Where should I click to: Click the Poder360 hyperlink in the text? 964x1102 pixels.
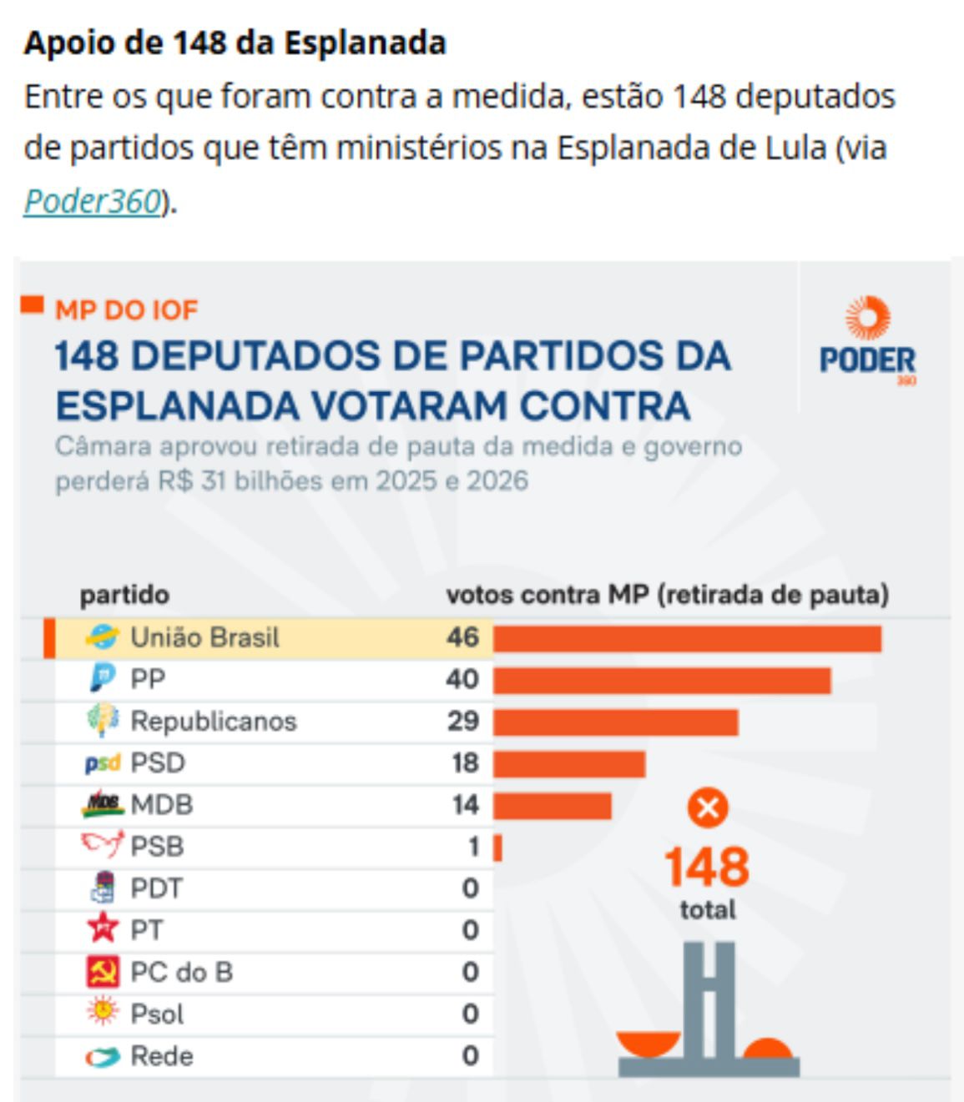92,201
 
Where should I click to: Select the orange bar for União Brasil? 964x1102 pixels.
686,638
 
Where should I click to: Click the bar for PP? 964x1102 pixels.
661,680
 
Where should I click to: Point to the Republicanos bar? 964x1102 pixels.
615,722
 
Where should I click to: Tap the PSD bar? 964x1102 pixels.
568,763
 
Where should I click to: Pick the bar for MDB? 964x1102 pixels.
552,805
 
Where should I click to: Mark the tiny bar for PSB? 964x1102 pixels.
497,848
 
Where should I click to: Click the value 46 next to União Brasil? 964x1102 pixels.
462,637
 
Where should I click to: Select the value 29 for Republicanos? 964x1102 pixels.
462,721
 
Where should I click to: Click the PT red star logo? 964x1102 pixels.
103,928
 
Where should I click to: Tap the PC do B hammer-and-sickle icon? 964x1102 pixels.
103,972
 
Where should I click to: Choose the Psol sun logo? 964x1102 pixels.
103,1012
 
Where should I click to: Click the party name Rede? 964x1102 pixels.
162,1056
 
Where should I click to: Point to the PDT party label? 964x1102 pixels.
156,888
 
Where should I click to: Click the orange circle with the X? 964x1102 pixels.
707,808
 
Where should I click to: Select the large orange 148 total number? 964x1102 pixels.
707,868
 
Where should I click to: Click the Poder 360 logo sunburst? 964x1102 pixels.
867,318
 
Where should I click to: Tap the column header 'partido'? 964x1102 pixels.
124,595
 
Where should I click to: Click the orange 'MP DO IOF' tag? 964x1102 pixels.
126,310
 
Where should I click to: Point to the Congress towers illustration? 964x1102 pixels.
709,1009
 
